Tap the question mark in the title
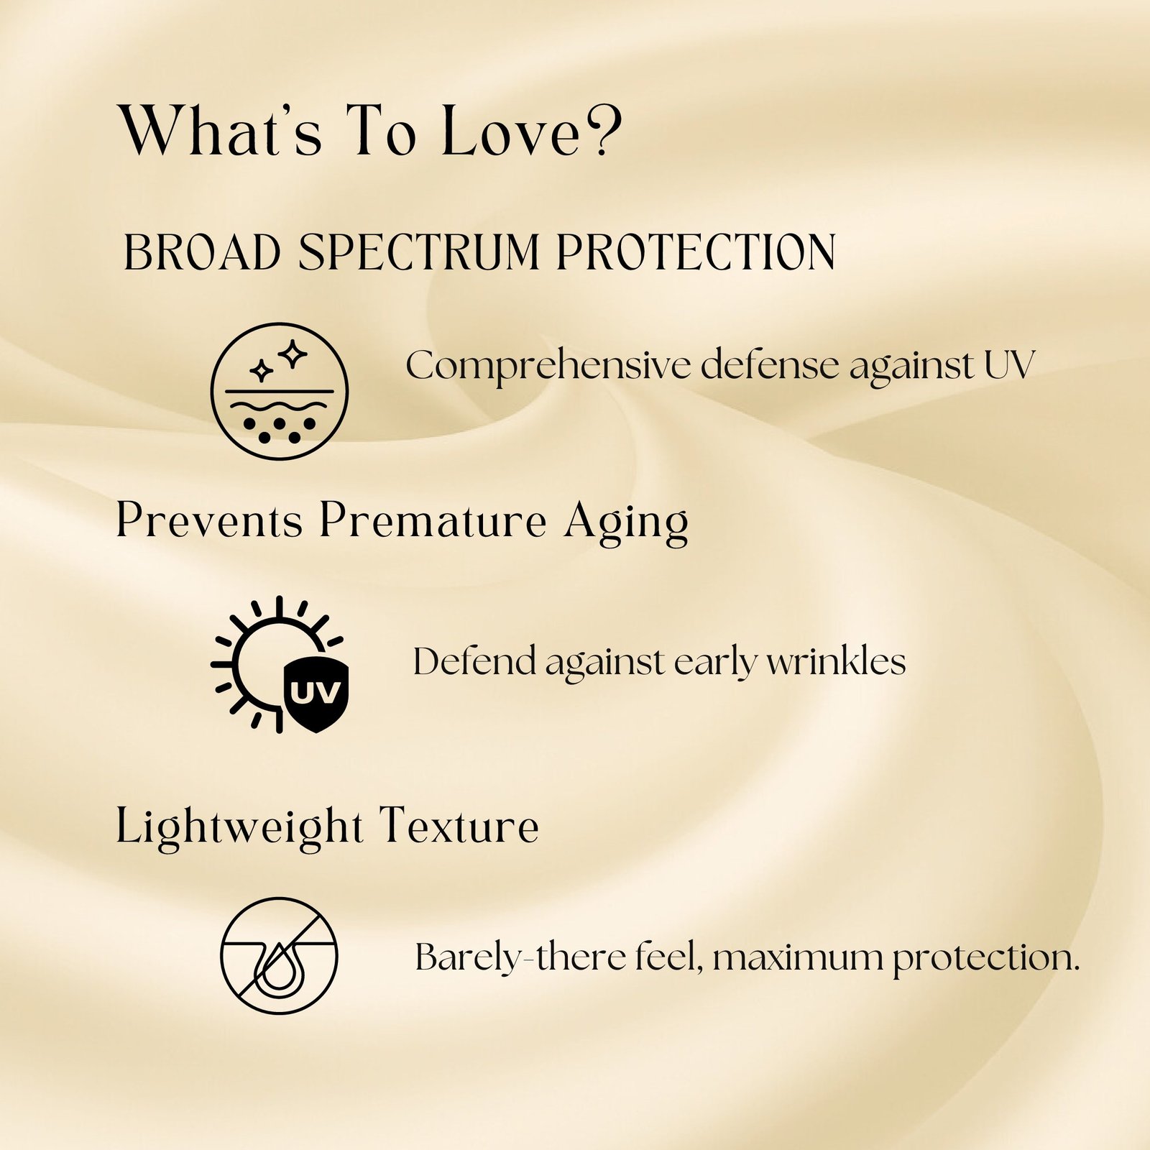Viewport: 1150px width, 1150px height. point(604,129)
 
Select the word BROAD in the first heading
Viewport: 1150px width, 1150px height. point(202,252)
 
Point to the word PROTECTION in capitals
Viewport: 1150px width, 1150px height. point(696,252)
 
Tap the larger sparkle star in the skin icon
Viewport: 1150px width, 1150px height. point(293,354)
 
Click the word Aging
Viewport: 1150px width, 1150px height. point(626,523)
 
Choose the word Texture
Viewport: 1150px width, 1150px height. point(459,826)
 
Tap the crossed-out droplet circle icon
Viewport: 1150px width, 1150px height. point(279,955)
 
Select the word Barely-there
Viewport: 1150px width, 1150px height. point(521,959)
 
